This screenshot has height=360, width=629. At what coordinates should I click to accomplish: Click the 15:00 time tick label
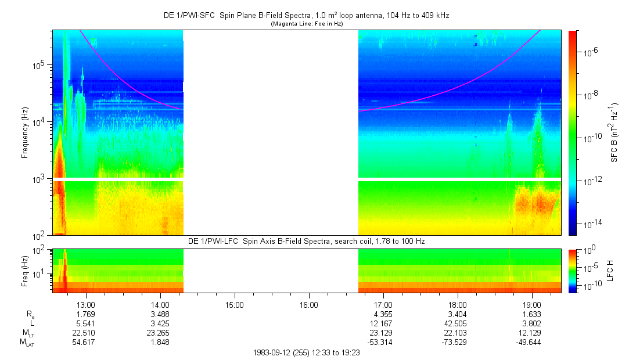click(x=235, y=304)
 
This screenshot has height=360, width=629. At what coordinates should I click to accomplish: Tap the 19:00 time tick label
click(x=532, y=304)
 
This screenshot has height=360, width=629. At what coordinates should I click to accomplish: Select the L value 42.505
click(x=458, y=323)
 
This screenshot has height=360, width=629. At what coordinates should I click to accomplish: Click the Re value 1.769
click(x=86, y=314)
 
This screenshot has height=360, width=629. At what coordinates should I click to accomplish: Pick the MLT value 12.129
click(x=532, y=332)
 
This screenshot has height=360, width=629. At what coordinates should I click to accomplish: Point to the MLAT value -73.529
click(x=458, y=342)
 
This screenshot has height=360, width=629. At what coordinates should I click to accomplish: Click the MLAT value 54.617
click(x=86, y=342)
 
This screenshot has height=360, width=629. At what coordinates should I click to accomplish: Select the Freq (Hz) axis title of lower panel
click(x=25, y=271)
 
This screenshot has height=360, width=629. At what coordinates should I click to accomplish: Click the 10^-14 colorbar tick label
click(x=592, y=224)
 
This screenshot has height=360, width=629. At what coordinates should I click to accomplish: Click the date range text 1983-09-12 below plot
click(x=307, y=352)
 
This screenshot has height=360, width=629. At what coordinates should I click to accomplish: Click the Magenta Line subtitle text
click(x=307, y=24)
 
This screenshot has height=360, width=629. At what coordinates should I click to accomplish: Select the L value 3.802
click(x=532, y=323)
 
